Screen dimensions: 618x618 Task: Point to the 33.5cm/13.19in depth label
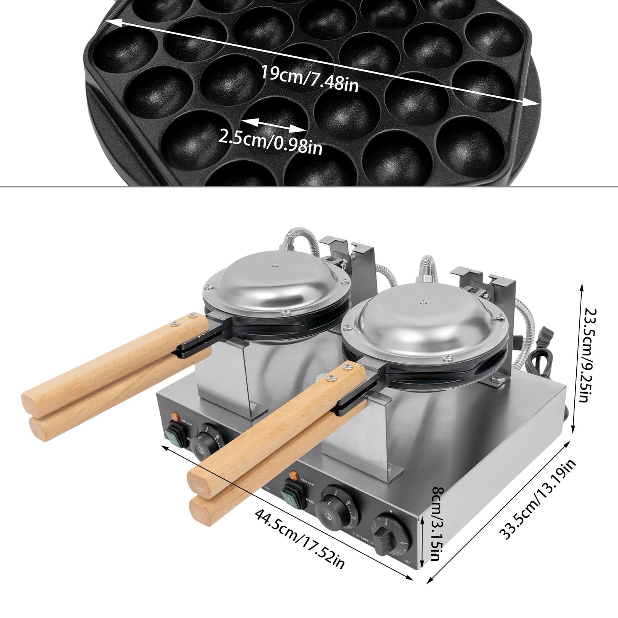537,499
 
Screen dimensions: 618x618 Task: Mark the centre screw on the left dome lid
275,265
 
